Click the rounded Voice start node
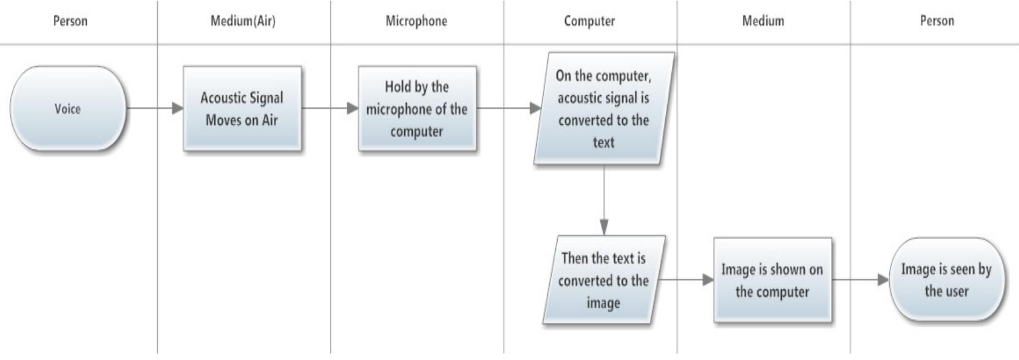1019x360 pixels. click(x=68, y=109)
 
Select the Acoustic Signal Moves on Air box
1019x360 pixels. click(x=242, y=109)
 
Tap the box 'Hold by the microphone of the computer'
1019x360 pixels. click(x=417, y=109)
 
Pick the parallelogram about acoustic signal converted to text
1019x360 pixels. click(x=603, y=109)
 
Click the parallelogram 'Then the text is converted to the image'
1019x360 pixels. click(x=603, y=280)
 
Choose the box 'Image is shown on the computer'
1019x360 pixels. click(x=772, y=280)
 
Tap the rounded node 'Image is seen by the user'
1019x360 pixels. click(x=946, y=280)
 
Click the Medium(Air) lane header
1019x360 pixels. click(x=243, y=21)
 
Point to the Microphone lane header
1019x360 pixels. click(x=416, y=21)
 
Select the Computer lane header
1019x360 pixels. click(x=589, y=21)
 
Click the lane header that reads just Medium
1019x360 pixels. click(x=763, y=21)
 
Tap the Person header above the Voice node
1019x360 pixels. click(x=70, y=21)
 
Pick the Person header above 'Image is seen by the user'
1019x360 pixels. click(x=937, y=21)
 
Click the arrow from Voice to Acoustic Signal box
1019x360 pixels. click(x=154, y=109)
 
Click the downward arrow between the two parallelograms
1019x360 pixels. click(x=604, y=200)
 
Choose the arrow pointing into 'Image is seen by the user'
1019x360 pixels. click(x=860, y=280)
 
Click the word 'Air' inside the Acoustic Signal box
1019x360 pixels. click(x=270, y=120)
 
